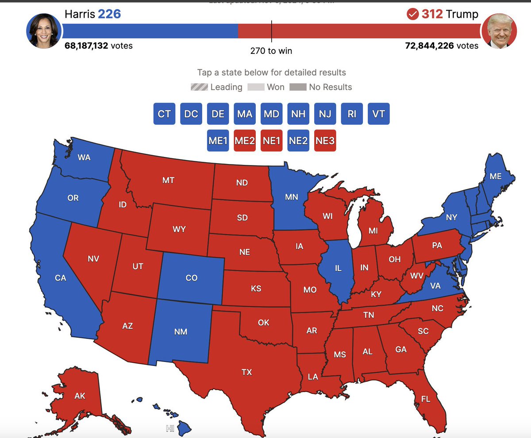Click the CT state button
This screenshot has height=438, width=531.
[164, 114]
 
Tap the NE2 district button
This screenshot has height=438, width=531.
[298, 141]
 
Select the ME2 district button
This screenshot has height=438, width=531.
[245, 141]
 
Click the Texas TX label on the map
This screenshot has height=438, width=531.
[246, 372]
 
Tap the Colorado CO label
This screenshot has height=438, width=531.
[191, 278]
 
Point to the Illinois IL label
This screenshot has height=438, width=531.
[338, 268]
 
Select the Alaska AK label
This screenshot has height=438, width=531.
[80, 396]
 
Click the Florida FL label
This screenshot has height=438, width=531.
[425, 399]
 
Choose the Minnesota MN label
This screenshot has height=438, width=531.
[291, 197]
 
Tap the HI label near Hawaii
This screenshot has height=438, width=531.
[170, 428]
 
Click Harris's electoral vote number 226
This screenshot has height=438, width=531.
[109, 14]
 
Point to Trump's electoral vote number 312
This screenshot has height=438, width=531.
[432, 14]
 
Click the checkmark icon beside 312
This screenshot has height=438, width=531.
[412, 15]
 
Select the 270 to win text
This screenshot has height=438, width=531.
[271, 51]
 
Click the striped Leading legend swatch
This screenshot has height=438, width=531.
[199, 87]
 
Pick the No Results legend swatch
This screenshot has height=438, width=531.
[298, 87]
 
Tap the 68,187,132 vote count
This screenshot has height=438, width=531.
[86, 46]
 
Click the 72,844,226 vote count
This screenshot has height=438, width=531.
[429, 46]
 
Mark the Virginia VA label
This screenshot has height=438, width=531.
[435, 286]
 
